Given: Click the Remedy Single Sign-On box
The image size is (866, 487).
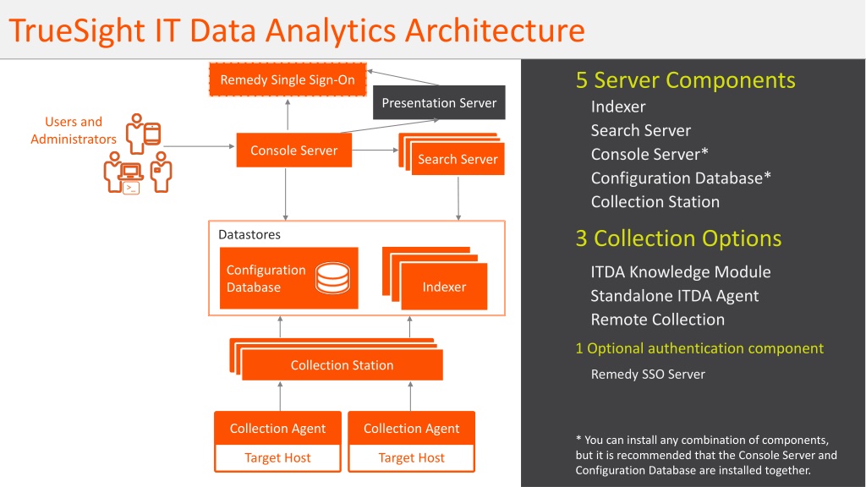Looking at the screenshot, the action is tap(288, 79).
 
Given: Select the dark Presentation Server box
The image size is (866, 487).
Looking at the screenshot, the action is tap(439, 102).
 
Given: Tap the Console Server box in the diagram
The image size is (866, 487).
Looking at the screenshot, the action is tap(293, 150).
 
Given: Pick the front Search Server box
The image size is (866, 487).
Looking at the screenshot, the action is tap(458, 159).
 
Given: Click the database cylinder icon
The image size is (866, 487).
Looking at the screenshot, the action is tap(332, 277).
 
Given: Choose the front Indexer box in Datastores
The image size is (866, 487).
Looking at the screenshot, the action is tap(444, 287).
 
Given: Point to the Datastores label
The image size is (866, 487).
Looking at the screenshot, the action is tap(249, 235).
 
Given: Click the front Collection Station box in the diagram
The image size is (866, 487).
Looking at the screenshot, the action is tap(343, 365).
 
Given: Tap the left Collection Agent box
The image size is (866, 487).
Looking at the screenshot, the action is tap(277, 428).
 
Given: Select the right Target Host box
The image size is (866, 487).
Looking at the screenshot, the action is tap(412, 457).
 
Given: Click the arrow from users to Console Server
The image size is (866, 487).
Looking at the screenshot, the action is tap(200, 146).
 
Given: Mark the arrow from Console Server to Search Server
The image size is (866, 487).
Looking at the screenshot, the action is tap(375, 150).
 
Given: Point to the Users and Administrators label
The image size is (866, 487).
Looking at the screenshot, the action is tap(74, 130).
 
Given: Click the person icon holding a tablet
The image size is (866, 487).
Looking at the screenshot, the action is tap(142, 134).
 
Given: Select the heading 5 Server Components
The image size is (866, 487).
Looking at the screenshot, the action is tap(685, 80).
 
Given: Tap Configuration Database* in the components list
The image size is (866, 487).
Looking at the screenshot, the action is tap(681, 178).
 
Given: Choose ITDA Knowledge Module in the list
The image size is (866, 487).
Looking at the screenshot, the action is tap(681, 271).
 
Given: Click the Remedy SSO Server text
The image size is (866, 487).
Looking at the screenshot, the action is tap(648, 375).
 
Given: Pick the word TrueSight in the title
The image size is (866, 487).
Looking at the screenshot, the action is tap(77, 30).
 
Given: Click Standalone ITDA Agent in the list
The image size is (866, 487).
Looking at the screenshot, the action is tap(674, 296).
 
